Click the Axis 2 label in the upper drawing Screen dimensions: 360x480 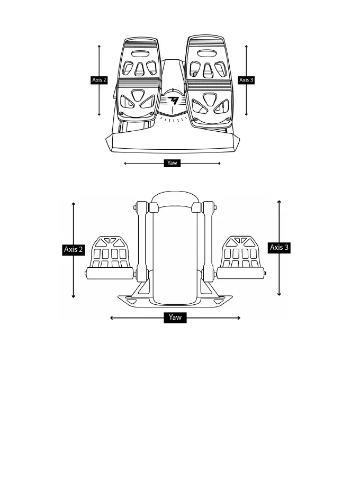(99, 80)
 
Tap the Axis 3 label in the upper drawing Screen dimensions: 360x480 (246, 80)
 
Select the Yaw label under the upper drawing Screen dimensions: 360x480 (172, 163)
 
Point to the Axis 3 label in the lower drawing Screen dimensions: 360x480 (280, 247)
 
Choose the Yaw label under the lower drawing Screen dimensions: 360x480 (175, 318)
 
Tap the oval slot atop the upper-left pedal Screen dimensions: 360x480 (140, 53)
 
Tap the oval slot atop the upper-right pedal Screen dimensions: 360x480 (207, 52)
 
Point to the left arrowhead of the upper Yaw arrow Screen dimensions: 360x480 (125, 164)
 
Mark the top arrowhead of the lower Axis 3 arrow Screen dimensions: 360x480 (279, 202)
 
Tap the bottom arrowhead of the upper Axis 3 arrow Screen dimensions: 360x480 (247, 114)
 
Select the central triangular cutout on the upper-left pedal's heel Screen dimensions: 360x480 (138, 95)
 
